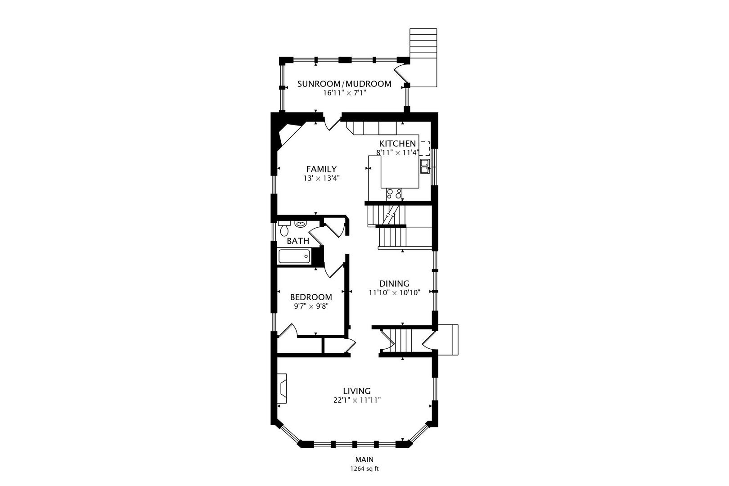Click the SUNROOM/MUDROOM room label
[344, 84]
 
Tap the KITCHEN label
[397, 144]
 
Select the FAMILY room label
[321, 169]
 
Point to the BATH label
[298, 241]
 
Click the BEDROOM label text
[311, 297]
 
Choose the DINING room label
[394, 283]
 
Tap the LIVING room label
[357, 391]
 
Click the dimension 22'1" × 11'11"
[357, 400]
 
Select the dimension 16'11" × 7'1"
[344, 93]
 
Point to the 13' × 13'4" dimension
[322, 178]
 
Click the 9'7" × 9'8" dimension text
[311, 306]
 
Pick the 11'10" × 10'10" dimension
[395, 292]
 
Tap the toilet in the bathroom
[284, 228]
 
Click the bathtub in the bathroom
[294, 256]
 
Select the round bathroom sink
[300, 224]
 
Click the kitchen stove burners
[394, 194]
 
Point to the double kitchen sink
[425, 166]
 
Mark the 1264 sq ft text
[364, 469]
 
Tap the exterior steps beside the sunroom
[423, 58]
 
